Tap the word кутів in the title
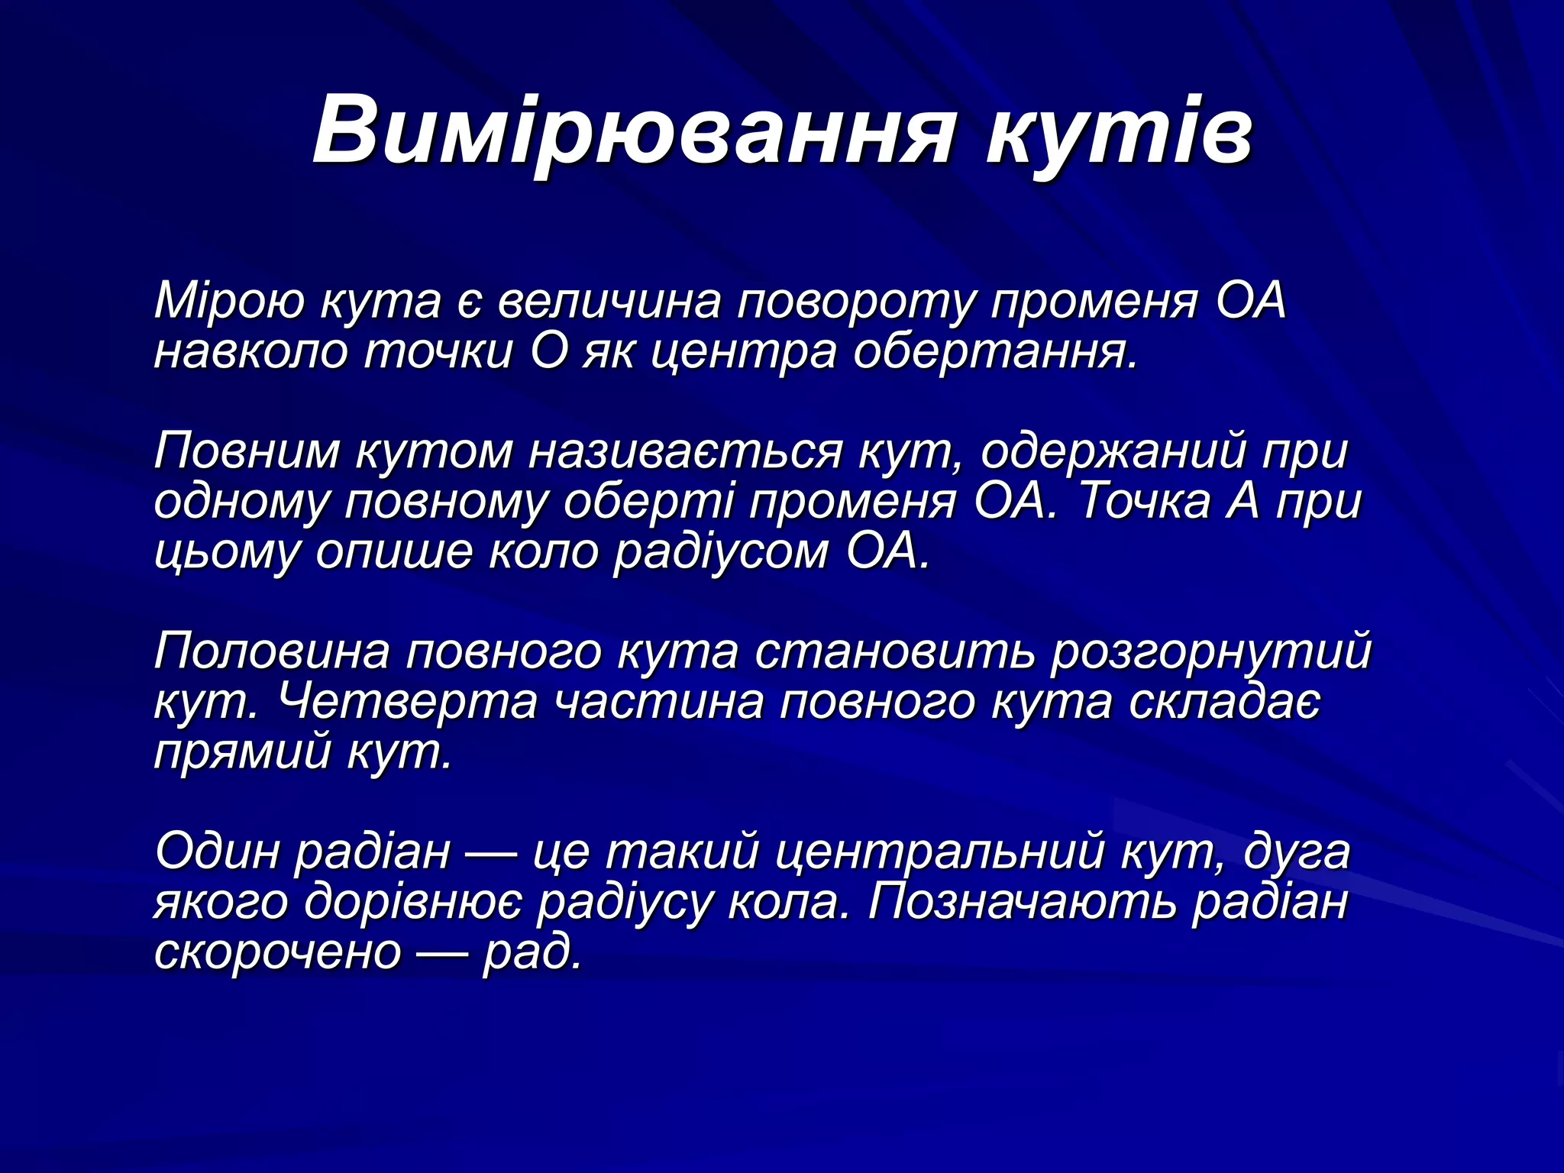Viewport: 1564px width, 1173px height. (x=1119, y=130)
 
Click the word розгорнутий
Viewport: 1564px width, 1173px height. (x=1211, y=653)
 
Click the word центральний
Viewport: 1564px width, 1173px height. (x=939, y=851)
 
